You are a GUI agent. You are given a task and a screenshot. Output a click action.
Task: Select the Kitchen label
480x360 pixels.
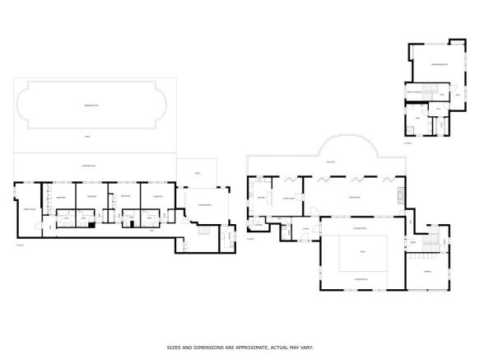click(261, 199)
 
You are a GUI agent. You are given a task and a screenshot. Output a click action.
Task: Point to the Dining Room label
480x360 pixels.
click(289, 199)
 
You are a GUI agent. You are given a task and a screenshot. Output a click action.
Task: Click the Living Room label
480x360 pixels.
click(355, 199)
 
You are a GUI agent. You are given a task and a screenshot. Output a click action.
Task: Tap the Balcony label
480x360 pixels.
click(331, 162)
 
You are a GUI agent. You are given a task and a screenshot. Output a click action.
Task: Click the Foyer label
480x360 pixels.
click(305, 228)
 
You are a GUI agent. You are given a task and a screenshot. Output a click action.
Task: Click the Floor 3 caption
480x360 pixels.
click(408, 143)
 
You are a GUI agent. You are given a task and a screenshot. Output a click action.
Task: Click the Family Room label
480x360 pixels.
click(29, 209)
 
